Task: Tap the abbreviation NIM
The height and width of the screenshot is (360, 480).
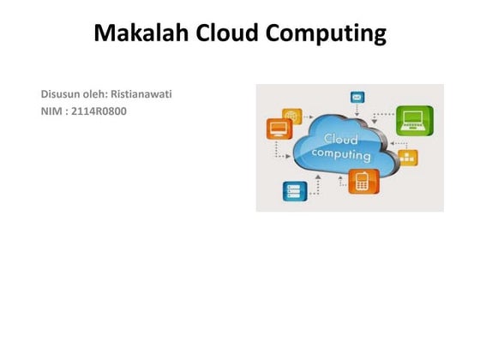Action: pos(51,111)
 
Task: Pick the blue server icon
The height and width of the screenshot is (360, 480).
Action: pos(294,191)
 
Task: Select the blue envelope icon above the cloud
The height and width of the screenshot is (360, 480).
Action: pos(357,99)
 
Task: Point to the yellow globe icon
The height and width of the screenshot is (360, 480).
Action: pos(292,114)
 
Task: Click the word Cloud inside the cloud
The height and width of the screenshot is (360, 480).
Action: pos(340,139)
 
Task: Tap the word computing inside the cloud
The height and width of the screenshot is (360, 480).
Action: pos(340,156)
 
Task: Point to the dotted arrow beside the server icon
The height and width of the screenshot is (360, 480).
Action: pos(317,184)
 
